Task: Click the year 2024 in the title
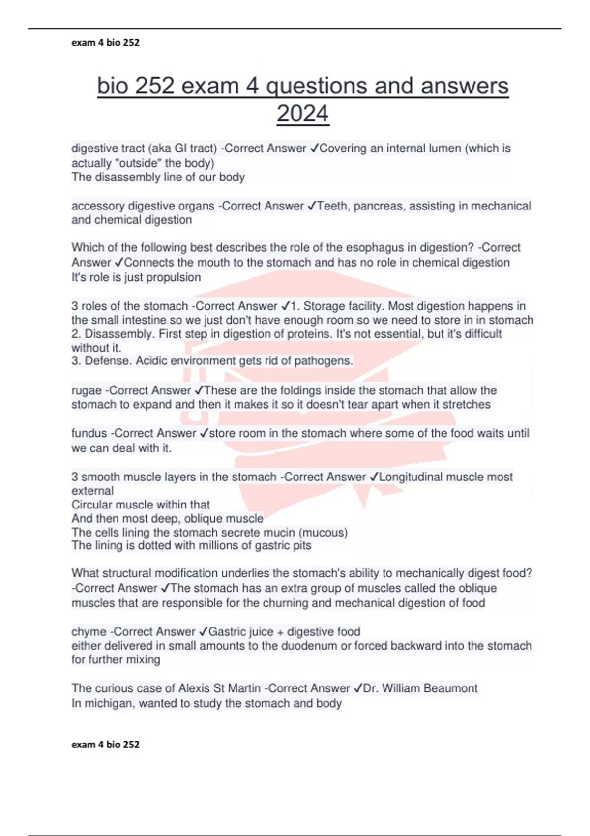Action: pyautogui.click(x=302, y=114)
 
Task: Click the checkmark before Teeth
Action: pyautogui.click(x=312, y=206)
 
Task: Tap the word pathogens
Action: pyautogui.click(x=324, y=361)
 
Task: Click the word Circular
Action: pyautogui.click(x=93, y=505)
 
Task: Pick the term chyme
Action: pyautogui.click(x=88, y=632)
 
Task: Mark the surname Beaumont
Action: pyautogui.click(x=450, y=688)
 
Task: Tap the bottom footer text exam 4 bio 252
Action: pyautogui.click(x=105, y=745)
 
